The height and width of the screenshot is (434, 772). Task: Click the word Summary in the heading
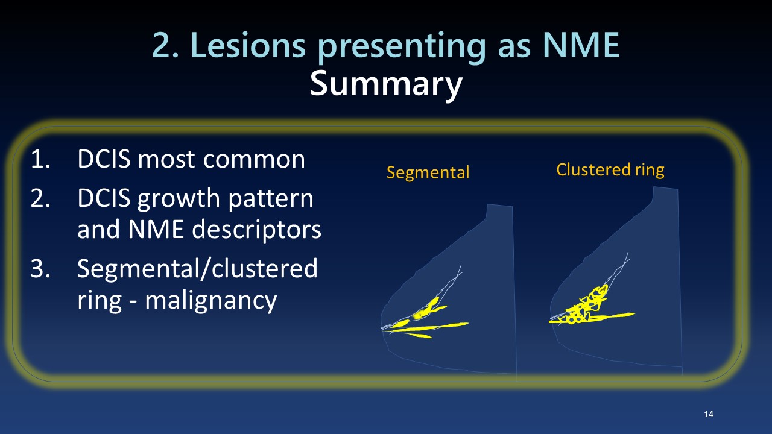point(386,84)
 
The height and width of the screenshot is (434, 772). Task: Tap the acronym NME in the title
point(581,45)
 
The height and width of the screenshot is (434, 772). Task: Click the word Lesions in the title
point(248,45)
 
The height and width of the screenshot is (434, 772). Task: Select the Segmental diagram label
point(428,172)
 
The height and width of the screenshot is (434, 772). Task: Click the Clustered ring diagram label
point(610,170)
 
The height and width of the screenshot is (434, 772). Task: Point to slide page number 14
point(709,414)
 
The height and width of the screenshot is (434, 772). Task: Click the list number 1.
point(40,159)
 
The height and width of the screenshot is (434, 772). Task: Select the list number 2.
point(40,198)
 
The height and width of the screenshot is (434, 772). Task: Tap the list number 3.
point(40,268)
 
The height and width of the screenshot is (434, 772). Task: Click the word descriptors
point(256,229)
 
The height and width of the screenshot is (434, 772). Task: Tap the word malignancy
point(211,300)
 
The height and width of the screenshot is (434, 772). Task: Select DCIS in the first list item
point(104,159)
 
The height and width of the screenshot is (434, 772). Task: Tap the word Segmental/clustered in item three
point(197,268)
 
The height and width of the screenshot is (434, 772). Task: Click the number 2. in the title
point(165,45)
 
